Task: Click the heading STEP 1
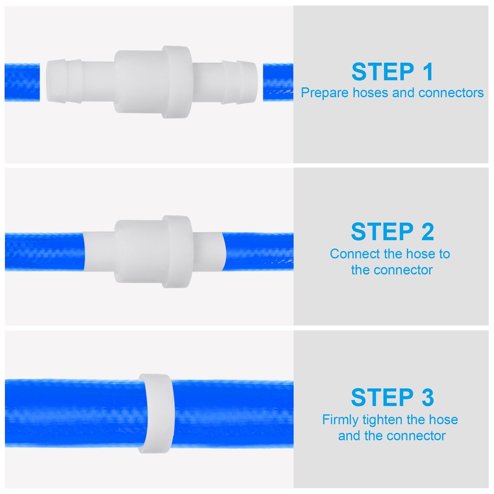tap(392, 72)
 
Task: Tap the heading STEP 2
tap(392, 232)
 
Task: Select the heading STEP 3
tap(392, 398)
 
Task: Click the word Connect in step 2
tap(352, 254)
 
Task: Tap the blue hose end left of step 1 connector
tap(22, 82)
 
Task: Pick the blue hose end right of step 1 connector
tap(278, 82)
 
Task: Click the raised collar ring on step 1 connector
tap(176, 82)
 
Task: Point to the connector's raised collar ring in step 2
tap(176, 251)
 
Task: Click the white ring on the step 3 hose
tap(155, 413)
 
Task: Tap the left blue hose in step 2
tap(44, 251)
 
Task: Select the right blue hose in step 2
tap(259, 251)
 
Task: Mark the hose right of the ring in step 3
tap(232, 413)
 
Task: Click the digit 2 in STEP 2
tap(424, 232)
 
